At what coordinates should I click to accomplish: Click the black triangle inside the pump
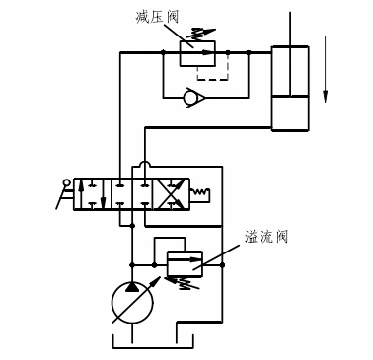pos(131,286)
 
